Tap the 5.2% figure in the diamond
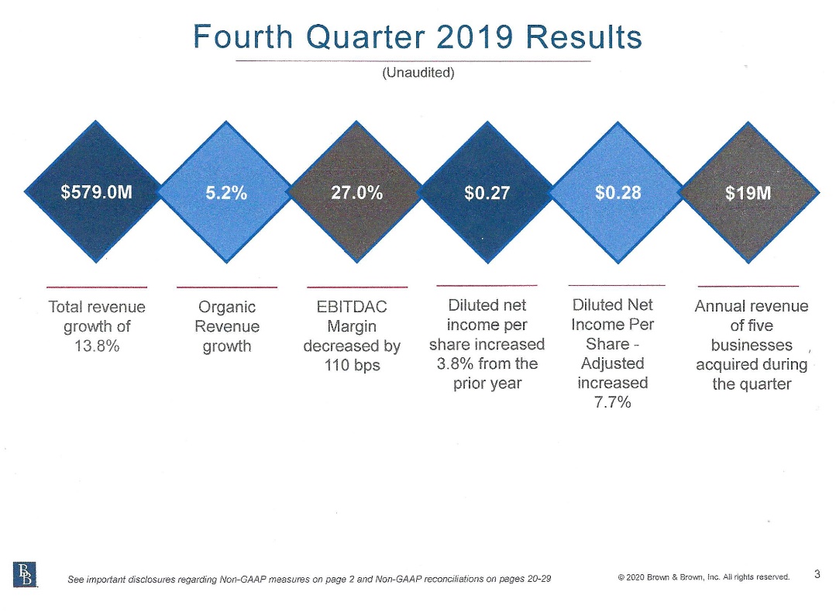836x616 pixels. [x=226, y=193]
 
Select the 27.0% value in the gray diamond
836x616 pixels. [x=356, y=193]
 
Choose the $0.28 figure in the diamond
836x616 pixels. [x=618, y=192]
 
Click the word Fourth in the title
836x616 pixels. [x=243, y=36]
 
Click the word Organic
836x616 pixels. [x=227, y=307]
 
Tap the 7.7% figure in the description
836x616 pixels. [x=613, y=402]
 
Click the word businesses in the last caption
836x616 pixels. [x=752, y=345]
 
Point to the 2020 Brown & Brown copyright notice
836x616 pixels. [x=704, y=576]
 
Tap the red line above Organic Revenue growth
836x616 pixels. [x=227, y=287]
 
